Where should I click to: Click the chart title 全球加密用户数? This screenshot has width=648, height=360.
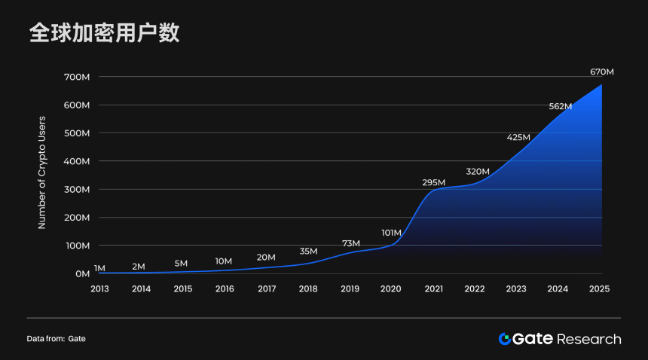(x=104, y=34)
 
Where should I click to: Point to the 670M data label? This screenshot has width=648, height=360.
(x=601, y=72)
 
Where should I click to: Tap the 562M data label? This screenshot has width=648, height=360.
(x=560, y=106)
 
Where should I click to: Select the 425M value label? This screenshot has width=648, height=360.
(x=518, y=137)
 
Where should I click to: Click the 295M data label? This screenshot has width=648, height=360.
(x=433, y=182)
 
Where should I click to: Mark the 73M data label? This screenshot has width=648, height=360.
(x=350, y=243)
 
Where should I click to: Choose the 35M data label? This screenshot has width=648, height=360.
(x=308, y=251)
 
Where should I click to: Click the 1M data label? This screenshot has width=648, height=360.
(x=99, y=268)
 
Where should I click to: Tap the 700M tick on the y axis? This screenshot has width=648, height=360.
(x=77, y=77)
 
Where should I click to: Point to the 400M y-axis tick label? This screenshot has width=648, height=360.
(x=77, y=161)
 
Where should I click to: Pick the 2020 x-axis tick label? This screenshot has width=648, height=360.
(x=391, y=288)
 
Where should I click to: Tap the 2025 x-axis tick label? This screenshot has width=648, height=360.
(x=600, y=288)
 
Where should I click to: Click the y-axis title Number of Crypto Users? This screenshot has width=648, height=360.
(x=42, y=172)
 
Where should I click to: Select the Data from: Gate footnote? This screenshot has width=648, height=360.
(x=56, y=339)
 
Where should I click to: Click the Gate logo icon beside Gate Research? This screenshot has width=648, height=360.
(x=505, y=339)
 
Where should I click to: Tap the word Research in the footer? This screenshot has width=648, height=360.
(x=589, y=339)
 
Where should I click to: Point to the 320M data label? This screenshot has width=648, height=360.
(x=478, y=172)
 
